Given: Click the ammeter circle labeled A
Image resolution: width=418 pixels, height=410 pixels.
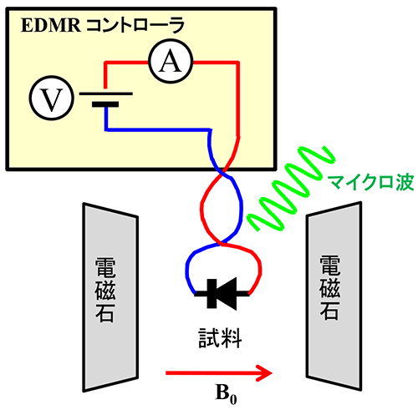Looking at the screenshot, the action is click(171, 63).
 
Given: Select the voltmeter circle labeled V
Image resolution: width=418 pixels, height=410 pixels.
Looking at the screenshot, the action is click(52, 98).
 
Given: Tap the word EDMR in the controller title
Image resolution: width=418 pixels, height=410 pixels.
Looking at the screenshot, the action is click(51, 25).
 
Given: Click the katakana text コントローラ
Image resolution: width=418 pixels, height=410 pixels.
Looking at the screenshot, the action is click(135, 25).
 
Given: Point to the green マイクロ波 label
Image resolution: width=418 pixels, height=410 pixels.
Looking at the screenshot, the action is click(370, 183).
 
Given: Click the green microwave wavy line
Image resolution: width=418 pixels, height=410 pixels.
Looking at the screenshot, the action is click(290, 190).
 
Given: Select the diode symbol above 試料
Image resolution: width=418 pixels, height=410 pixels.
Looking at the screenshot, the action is click(222, 294).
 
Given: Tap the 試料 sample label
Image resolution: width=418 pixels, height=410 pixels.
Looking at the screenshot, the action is click(220, 338).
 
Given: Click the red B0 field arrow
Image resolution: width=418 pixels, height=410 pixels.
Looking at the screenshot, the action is click(219, 372).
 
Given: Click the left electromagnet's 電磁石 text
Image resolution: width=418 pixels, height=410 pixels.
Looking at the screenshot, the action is click(105, 290).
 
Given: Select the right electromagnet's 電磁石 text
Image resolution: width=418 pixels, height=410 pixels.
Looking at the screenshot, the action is click(329, 288).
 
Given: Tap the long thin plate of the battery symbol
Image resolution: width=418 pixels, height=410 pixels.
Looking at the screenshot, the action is click(106, 94).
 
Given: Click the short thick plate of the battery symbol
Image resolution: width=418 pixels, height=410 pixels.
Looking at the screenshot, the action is click(105, 104).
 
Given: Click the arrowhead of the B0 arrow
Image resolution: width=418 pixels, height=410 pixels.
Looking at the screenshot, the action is click(264, 372).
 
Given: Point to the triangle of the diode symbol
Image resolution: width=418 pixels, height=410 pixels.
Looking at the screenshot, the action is click(227, 294).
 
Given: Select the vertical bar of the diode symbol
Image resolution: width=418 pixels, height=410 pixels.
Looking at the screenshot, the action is click(212, 294).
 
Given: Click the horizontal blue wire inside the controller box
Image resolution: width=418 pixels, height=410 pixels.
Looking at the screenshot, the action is click(158, 129).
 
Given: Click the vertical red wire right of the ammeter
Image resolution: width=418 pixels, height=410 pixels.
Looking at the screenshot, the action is click(237, 99).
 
